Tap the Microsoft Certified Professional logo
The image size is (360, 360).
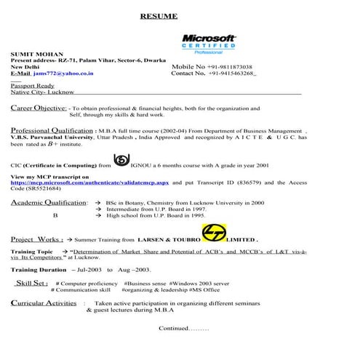coord(209,44)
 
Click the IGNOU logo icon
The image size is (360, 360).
coord(121,162)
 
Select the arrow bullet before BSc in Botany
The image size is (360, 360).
coord(98,203)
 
